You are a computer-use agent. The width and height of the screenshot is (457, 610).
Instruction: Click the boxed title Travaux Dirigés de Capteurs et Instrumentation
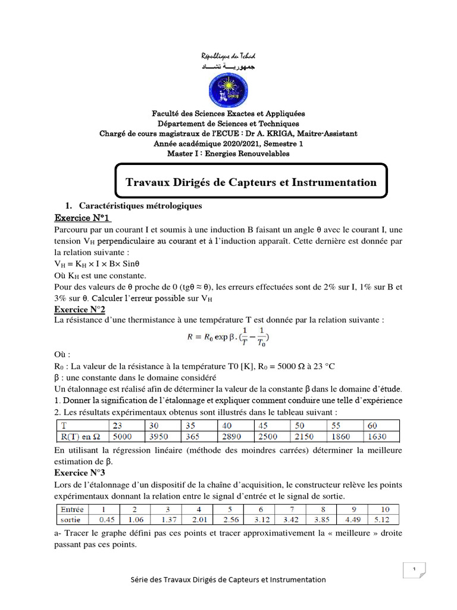pos(251,182)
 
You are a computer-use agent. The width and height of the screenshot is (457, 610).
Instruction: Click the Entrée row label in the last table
pos(72,509)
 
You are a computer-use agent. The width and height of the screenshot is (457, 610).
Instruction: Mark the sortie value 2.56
pos(229,519)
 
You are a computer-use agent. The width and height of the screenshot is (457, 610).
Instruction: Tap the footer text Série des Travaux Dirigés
pos(228,579)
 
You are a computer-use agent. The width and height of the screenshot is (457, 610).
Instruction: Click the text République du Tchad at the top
pos(228,55)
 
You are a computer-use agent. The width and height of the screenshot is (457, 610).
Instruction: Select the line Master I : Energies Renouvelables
pos(228,154)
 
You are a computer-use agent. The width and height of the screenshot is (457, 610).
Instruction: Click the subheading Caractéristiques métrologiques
pos(140,206)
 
